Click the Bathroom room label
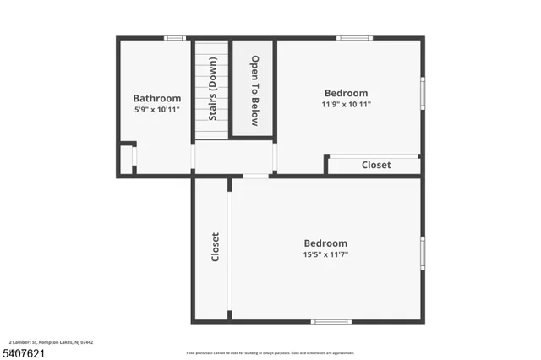pyautogui.click(x=157, y=98)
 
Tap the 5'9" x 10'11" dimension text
pyautogui.click(x=157, y=109)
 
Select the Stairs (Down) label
pyautogui.click(x=212, y=89)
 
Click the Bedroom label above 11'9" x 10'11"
pyautogui.click(x=347, y=93)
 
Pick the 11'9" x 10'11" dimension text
pyautogui.click(x=347, y=104)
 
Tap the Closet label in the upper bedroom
pyautogui.click(x=376, y=165)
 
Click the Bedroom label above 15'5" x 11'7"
pyautogui.click(x=325, y=243)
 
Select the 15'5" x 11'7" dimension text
pyautogui.click(x=325, y=254)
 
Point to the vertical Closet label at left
pyautogui.click(x=215, y=247)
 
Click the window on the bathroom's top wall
pyautogui.click(x=174, y=38)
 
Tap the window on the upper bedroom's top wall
pyautogui.click(x=354, y=38)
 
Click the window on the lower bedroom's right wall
pyautogui.click(x=422, y=253)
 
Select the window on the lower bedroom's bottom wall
pyautogui.click(x=331, y=321)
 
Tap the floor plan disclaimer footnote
pyautogui.click(x=270, y=353)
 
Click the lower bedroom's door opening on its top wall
pyautogui.click(x=255, y=176)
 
